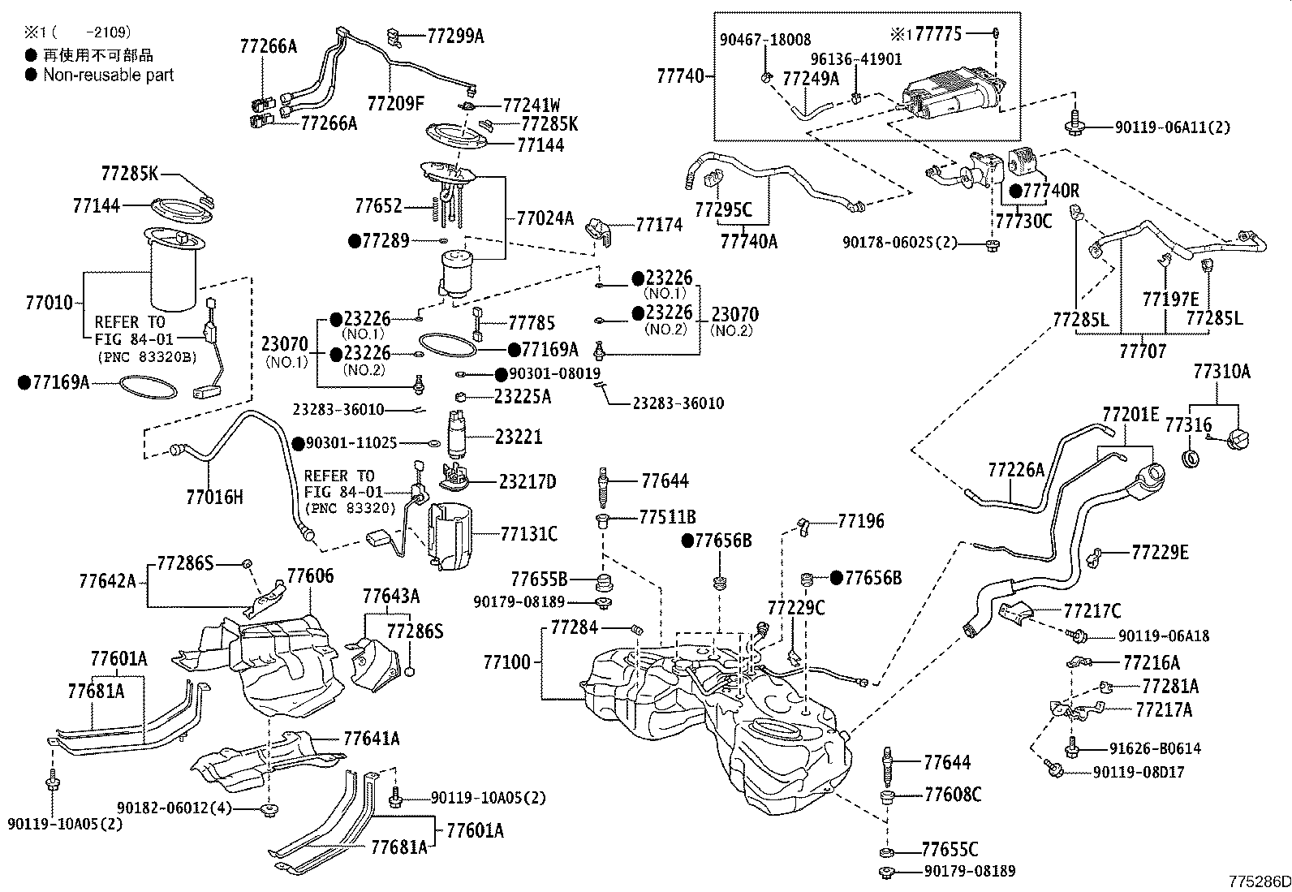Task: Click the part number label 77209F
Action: click(395, 103)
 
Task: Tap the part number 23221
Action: click(519, 437)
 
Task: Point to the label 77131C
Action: click(529, 533)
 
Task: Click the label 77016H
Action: click(214, 497)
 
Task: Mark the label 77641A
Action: click(372, 739)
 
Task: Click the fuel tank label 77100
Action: click(507, 662)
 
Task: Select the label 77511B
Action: click(667, 517)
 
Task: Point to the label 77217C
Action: click(1092, 610)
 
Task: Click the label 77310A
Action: click(1221, 373)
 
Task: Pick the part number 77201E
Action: click(1130, 415)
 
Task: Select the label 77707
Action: click(1143, 351)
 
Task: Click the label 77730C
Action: click(1023, 220)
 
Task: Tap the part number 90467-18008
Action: click(765, 39)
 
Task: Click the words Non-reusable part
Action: click(108, 75)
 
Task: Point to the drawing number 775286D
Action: click(1258, 881)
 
